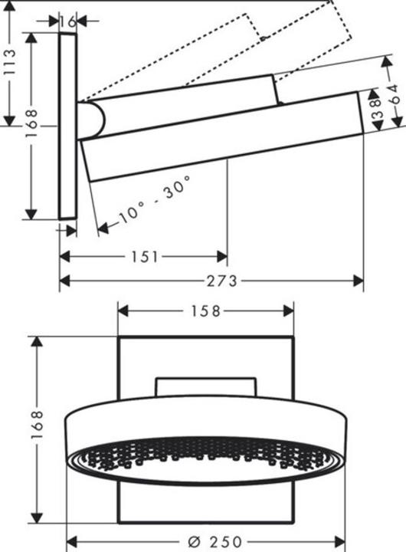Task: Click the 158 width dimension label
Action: pos(205,310)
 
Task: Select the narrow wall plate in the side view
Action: pos(67,127)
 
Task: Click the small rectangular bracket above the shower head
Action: pos(205,386)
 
